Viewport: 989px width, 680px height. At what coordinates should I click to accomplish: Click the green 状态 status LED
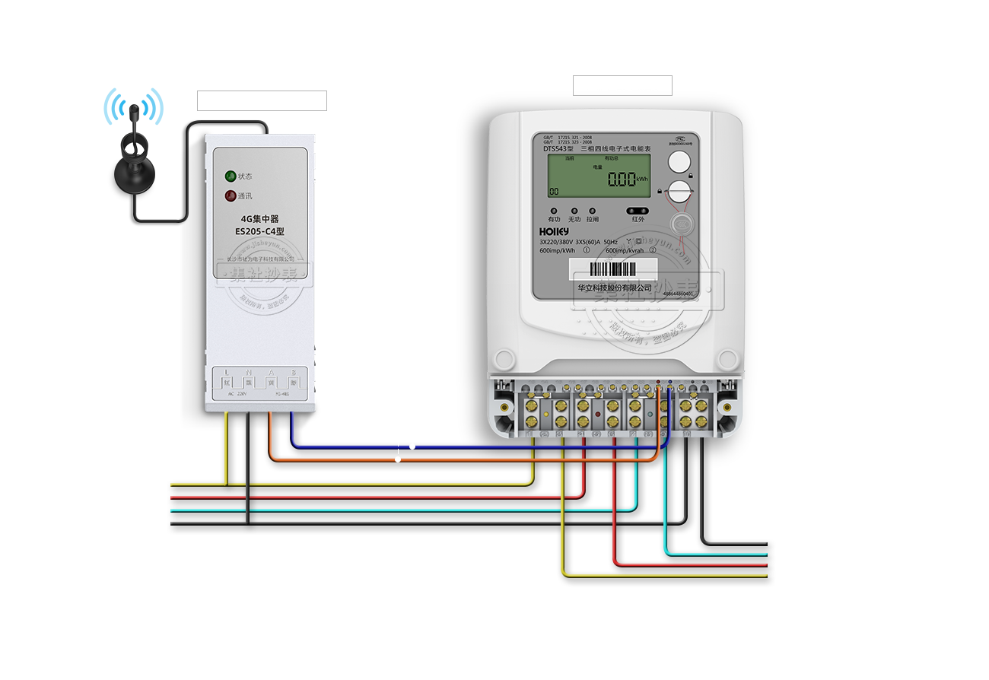click(x=230, y=176)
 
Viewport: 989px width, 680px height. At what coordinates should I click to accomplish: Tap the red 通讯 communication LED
click(x=230, y=196)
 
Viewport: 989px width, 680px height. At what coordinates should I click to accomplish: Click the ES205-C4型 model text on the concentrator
click(x=259, y=231)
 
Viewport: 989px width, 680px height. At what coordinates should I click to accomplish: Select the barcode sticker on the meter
click(x=613, y=269)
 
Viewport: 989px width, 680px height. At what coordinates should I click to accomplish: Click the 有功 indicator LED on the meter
click(x=554, y=211)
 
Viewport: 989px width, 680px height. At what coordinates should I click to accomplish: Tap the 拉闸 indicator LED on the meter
click(x=593, y=211)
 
